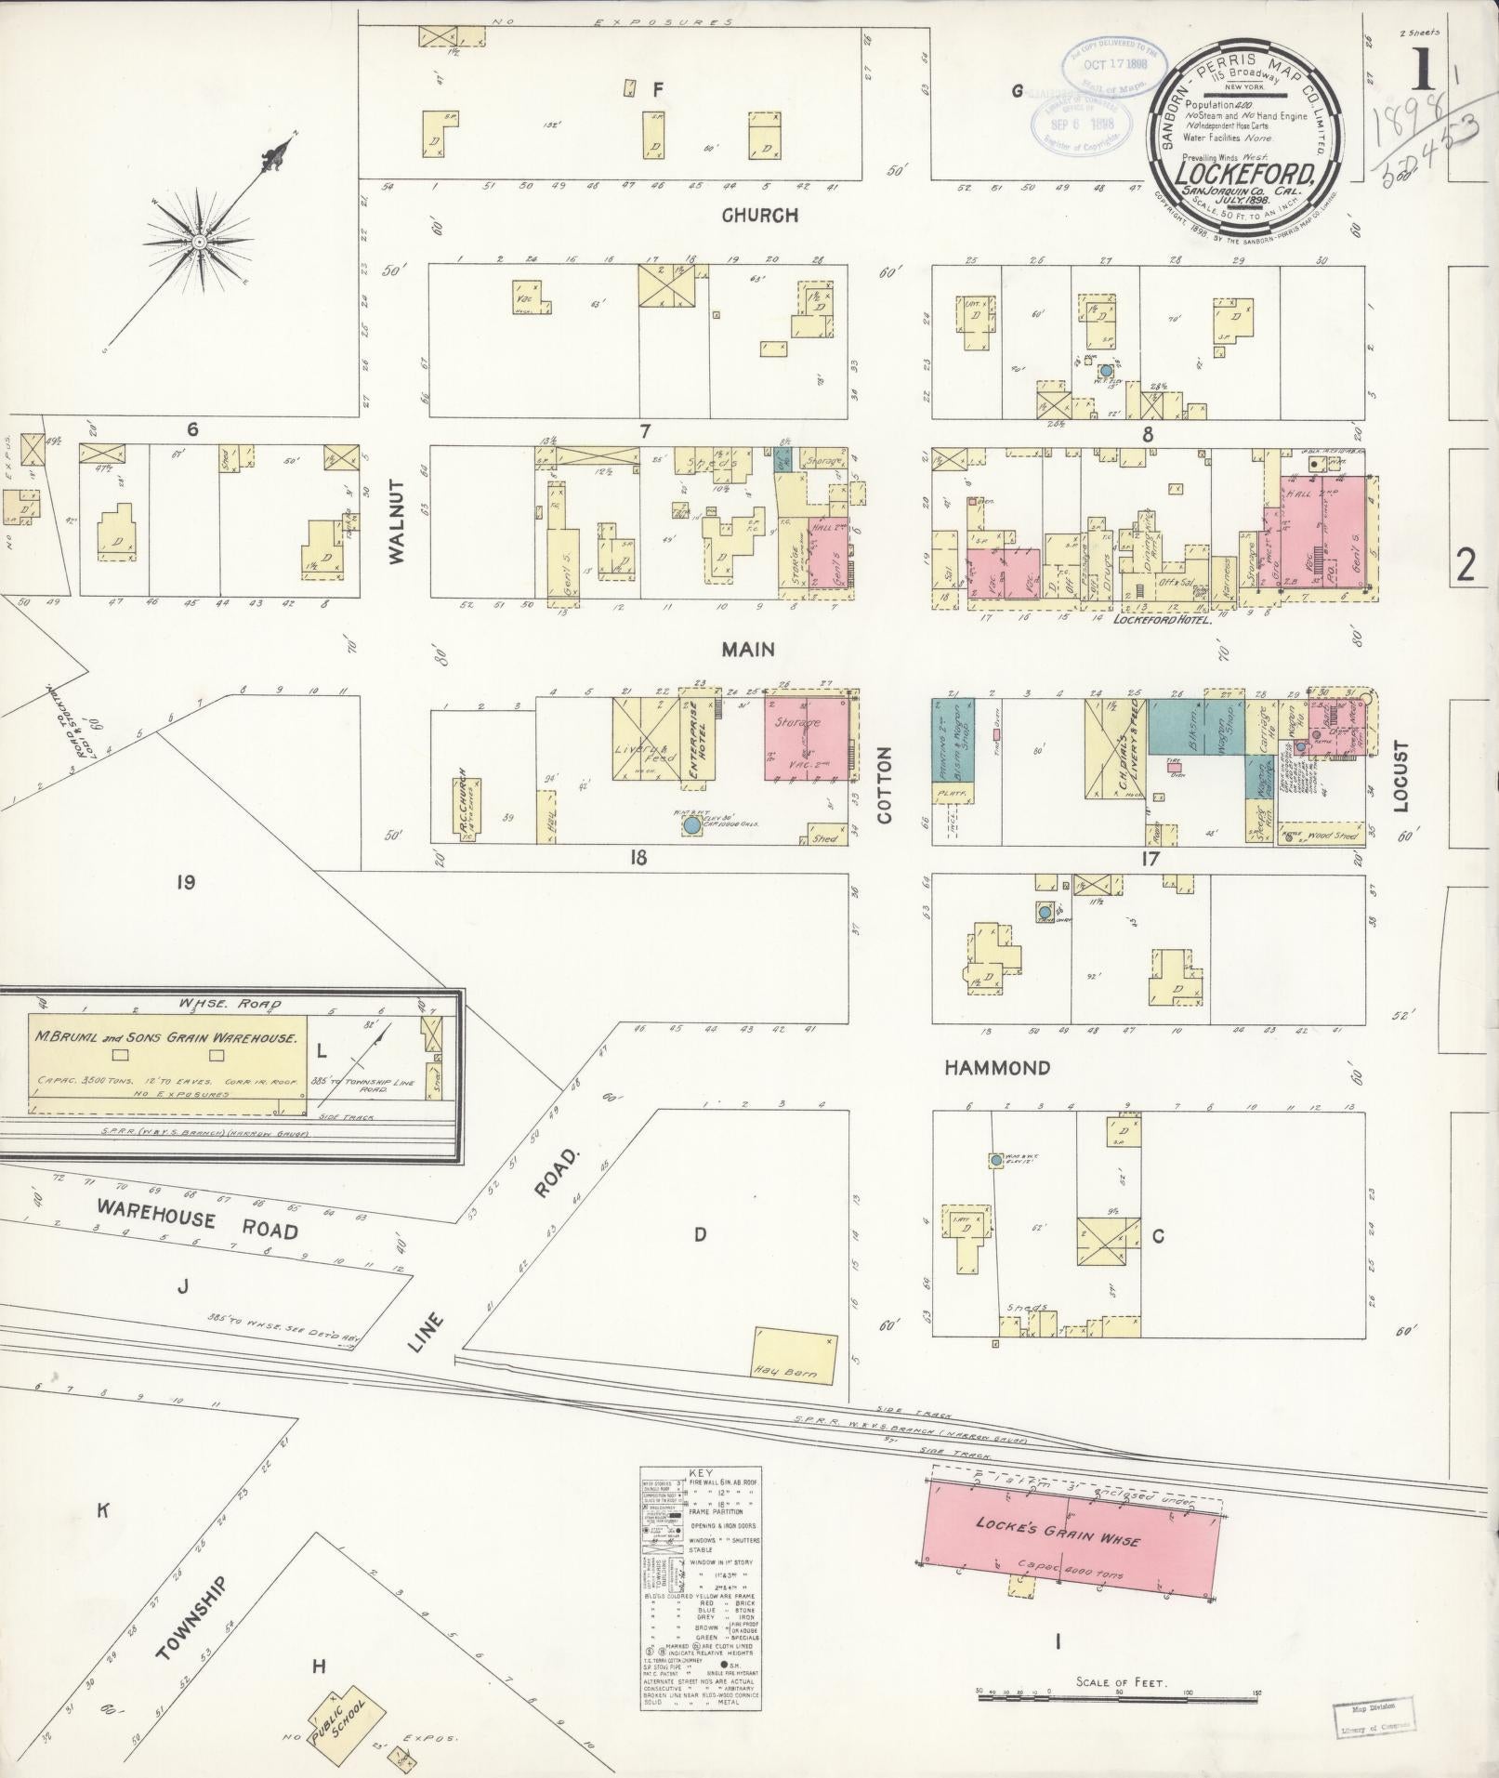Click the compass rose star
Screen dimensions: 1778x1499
pos(198,243)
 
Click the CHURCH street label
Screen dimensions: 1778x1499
pos(760,216)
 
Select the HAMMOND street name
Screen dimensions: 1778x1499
pos(997,1068)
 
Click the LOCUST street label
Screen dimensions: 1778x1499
pos(1400,776)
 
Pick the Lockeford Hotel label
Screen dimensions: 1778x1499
pos(1162,619)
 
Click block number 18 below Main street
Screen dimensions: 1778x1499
pos(638,857)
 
